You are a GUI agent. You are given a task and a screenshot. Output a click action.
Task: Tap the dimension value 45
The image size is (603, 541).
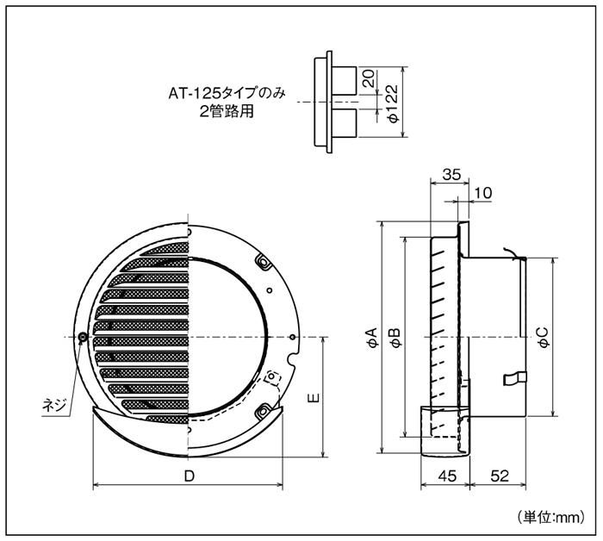(x=446, y=476)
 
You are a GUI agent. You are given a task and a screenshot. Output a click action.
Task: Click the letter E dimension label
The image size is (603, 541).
(x=314, y=398)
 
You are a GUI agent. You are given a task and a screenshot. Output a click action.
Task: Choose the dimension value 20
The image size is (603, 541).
(x=368, y=79)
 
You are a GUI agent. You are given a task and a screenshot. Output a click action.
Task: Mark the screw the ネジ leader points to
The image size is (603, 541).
(x=82, y=336)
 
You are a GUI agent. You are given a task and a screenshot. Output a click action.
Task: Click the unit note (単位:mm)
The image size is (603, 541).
(x=551, y=517)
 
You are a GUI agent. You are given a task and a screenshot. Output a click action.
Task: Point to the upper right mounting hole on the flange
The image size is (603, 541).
(x=263, y=259)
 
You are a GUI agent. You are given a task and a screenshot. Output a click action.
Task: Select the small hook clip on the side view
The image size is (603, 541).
(x=515, y=376)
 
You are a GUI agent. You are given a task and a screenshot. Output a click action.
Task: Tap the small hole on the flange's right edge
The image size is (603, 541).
(x=295, y=336)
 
